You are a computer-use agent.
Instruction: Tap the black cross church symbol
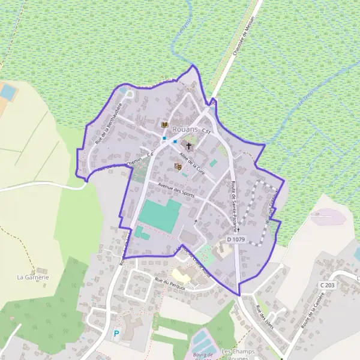[189, 145]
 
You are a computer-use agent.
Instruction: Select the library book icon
[164, 124]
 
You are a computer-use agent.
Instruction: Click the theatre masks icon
[178, 166]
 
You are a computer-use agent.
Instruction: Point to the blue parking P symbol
[116, 333]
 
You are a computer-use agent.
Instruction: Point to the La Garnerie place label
[32, 277]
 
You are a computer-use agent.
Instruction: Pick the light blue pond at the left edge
[8, 92]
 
